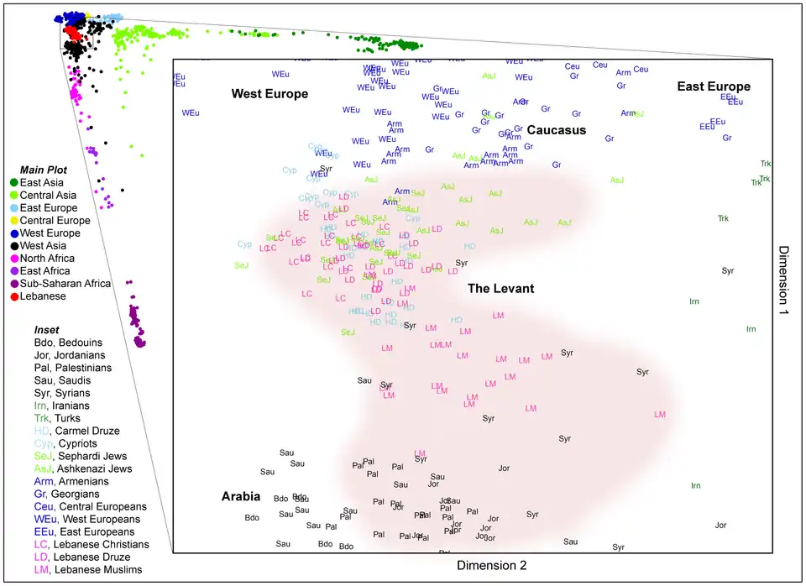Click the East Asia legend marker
tap(14, 183)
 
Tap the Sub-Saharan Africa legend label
tap(66, 284)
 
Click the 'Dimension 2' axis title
tap(491, 566)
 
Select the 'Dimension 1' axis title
tap(784, 280)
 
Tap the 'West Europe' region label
tap(270, 94)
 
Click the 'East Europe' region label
tap(714, 86)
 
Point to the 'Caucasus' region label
tap(556, 130)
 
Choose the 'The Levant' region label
tap(500, 289)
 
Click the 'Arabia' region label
tap(242, 496)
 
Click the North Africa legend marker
tap(14, 259)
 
